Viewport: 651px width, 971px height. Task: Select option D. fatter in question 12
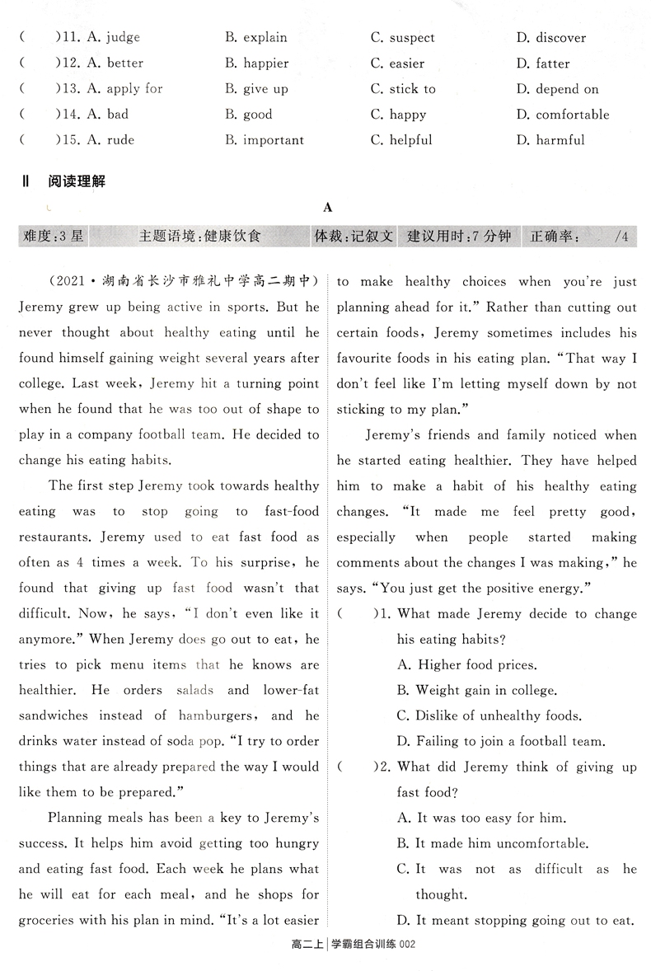tap(543, 63)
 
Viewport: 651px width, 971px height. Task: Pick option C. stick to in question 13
tap(403, 89)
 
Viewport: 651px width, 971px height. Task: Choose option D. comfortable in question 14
tap(563, 115)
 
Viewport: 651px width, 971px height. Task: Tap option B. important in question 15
tap(264, 140)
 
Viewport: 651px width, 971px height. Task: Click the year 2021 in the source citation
tap(71, 282)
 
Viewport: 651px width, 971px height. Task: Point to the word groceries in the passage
tap(54, 921)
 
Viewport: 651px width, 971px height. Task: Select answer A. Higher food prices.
tap(466, 664)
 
